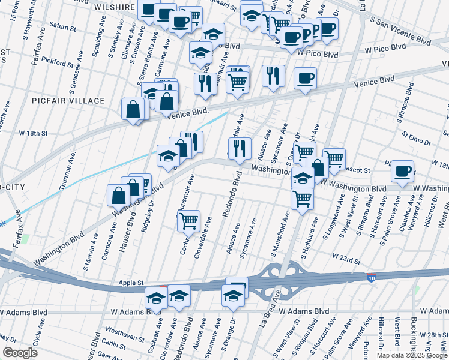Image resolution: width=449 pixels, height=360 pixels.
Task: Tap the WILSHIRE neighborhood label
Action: pos(114,7)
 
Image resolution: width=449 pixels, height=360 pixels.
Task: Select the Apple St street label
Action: pos(131,282)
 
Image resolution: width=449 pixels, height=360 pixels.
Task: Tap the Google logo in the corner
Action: pos(20,353)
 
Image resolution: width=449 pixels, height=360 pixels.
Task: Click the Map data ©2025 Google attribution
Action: pos(411,355)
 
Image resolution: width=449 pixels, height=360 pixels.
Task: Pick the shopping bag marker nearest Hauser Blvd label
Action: pos(119,196)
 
